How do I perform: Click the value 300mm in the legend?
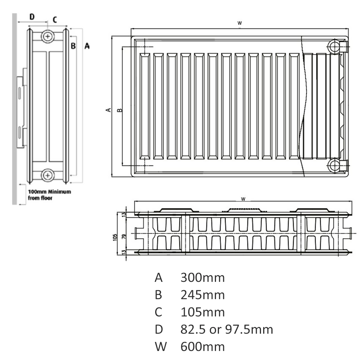point(202,278)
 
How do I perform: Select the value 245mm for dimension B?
point(202,295)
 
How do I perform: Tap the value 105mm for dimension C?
point(202,312)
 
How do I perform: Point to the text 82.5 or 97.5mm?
point(227,329)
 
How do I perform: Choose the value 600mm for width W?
point(202,347)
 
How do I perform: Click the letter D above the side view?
point(32,17)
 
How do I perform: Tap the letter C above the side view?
point(55,19)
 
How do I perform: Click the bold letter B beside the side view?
point(73,46)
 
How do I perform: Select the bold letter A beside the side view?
point(87,46)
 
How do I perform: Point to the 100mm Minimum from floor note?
point(49,195)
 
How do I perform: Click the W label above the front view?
point(239,23)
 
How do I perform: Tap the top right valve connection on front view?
point(334,47)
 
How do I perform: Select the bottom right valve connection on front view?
point(334,165)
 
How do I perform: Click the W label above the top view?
point(243,198)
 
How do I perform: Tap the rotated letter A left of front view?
point(108,110)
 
